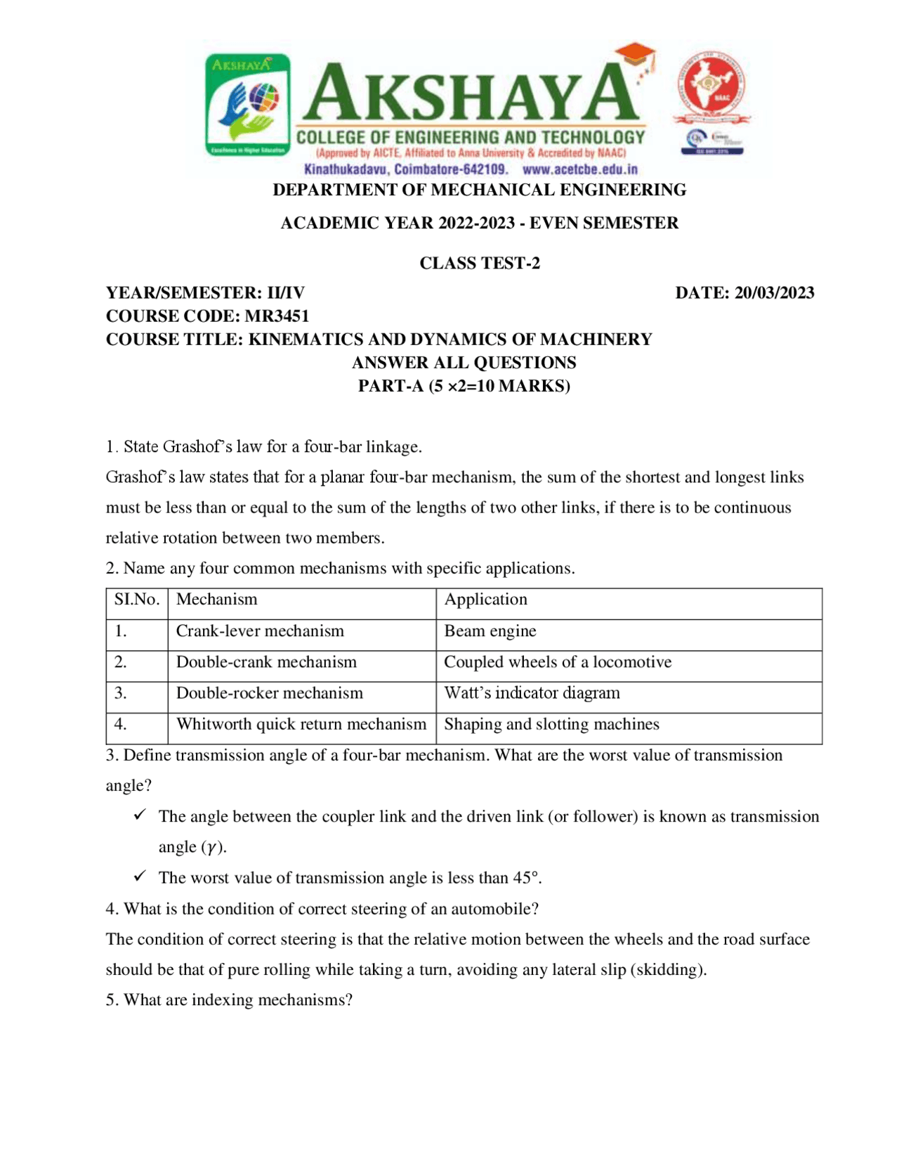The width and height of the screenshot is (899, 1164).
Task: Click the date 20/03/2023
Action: pos(774,293)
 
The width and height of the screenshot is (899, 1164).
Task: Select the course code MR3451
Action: pos(277,316)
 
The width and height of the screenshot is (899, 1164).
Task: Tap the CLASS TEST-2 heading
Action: pos(480,263)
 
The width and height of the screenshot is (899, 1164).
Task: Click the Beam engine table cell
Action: pos(490,631)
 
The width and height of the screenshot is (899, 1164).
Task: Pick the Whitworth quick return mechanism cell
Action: pos(301,725)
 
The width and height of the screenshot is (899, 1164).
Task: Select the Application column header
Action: pos(485,600)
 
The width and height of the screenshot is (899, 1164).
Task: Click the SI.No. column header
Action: pos(137,600)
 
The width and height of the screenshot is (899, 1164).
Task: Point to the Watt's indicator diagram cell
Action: pos(532,693)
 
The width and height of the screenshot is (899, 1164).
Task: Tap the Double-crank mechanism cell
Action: pos(266,662)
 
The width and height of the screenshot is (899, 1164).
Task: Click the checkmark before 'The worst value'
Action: pos(140,876)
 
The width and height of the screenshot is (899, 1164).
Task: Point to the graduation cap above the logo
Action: pos(636,54)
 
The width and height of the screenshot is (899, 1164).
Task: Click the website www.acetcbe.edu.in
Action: pos(580,169)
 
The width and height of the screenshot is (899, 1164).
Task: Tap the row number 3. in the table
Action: pos(121,693)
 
